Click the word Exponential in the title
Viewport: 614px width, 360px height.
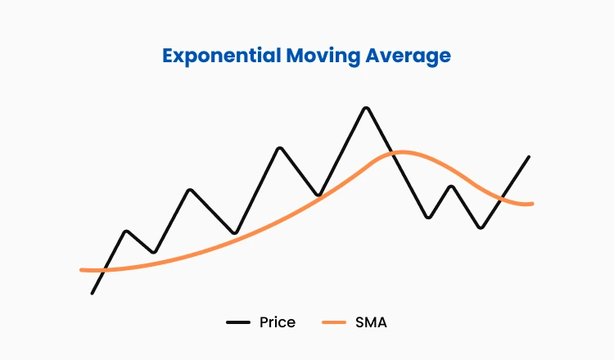pyautogui.click(x=215, y=56)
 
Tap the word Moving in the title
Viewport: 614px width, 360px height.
pyautogui.click(x=317, y=56)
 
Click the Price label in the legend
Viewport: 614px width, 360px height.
pyautogui.click(x=277, y=322)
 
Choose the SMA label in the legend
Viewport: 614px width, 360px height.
pyautogui.click(x=372, y=322)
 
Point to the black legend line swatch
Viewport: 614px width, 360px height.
pyautogui.click(x=238, y=323)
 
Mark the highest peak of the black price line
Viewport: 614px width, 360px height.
pyautogui.click(x=366, y=108)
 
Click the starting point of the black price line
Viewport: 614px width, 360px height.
pyautogui.click(x=93, y=292)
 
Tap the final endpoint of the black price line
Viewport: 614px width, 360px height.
pyautogui.click(x=528, y=156)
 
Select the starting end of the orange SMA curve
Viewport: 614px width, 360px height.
pyautogui.click(x=81, y=269)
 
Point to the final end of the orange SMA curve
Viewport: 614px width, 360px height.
pyautogui.click(x=532, y=203)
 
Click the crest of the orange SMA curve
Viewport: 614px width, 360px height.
pyautogui.click(x=400, y=152)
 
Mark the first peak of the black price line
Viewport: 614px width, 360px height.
pyautogui.click(x=126, y=231)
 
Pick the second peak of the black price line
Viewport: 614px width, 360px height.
pyautogui.click(x=190, y=190)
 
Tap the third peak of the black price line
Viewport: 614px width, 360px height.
pyautogui.click(x=280, y=148)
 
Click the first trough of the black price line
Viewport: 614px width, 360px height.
pyautogui.click(x=154, y=252)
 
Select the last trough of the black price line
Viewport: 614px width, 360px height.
pyautogui.click(x=481, y=227)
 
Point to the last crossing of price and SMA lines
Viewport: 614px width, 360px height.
pyautogui.click(x=501, y=196)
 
